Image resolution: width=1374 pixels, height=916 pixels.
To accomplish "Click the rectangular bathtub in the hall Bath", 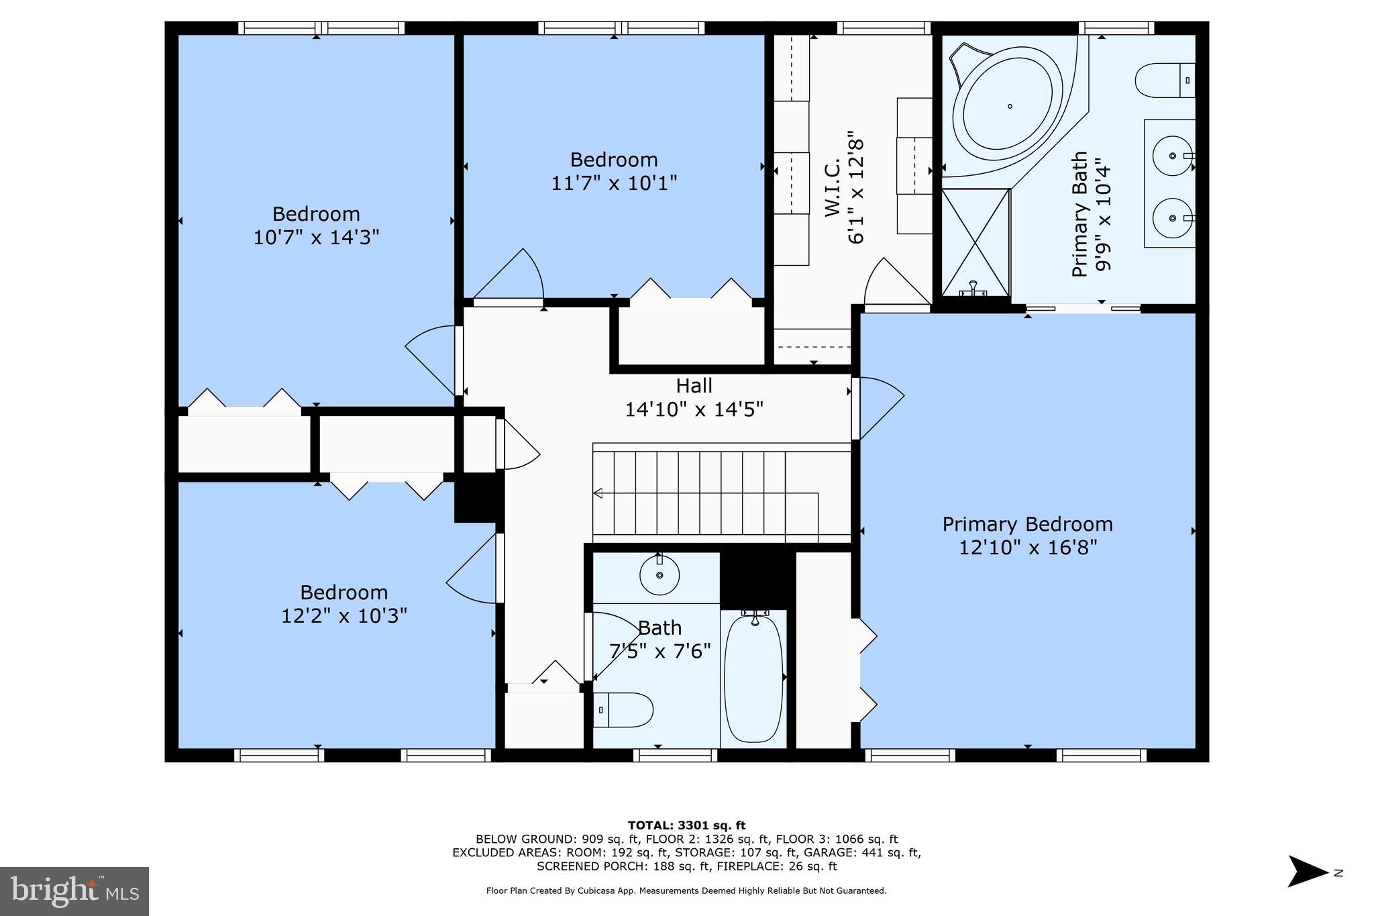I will [753, 678].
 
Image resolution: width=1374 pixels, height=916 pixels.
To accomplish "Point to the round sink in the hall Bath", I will [659, 575].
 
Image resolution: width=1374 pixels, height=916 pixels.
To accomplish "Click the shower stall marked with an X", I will [975, 242].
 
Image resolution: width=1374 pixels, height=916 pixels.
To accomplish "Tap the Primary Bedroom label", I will [1027, 524].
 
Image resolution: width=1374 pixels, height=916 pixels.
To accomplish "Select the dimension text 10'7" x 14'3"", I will [316, 238].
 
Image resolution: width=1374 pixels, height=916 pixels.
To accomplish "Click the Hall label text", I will [694, 386].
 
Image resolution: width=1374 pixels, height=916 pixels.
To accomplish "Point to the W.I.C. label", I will [833, 187].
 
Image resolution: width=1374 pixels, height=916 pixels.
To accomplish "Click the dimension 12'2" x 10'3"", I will [343, 615].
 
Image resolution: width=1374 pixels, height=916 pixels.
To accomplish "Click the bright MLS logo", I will [74, 891].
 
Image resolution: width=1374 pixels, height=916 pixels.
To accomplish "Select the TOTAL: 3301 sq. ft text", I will [686, 825].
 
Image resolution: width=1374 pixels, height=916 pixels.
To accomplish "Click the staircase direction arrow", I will [598, 493].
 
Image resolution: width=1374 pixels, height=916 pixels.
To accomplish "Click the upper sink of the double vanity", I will [1172, 156].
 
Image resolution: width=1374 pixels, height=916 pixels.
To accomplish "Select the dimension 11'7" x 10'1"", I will [614, 183].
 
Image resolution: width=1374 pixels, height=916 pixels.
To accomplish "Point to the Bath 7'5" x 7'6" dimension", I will [659, 651].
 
